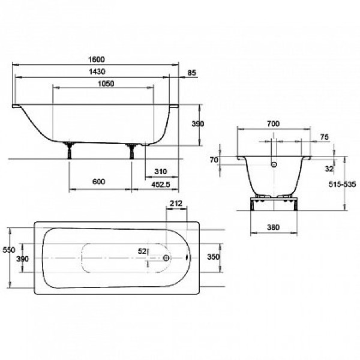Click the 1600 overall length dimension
click(97, 59)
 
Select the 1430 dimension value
click(97, 71)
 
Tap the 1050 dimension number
click(106, 83)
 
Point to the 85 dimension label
click(192, 73)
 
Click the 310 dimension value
click(161, 171)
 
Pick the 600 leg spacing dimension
click(99, 182)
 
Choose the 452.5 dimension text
click(161, 184)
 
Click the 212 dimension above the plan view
click(176, 203)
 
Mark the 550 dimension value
click(9, 250)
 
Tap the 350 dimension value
click(214, 257)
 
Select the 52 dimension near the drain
click(142, 251)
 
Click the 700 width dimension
click(274, 124)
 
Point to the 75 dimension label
click(325, 137)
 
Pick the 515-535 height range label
click(343, 184)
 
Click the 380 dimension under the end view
click(274, 227)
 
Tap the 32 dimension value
click(329, 169)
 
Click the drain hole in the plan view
click(166, 258)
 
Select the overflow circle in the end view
click(274, 164)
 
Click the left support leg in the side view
click(70, 150)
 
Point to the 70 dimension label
click(214, 160)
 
